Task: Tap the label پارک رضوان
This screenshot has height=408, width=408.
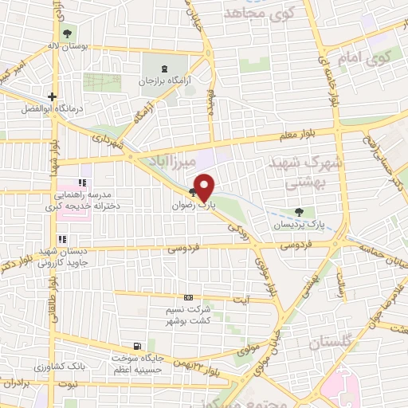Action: tap(195, 205)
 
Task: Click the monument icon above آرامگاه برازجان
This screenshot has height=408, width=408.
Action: tap(164, 69)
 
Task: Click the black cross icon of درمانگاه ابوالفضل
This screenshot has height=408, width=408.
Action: tap(53, 96)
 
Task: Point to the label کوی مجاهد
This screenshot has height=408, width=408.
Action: tap(259, 14)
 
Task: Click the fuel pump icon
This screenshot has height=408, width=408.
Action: tap(139, 346)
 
